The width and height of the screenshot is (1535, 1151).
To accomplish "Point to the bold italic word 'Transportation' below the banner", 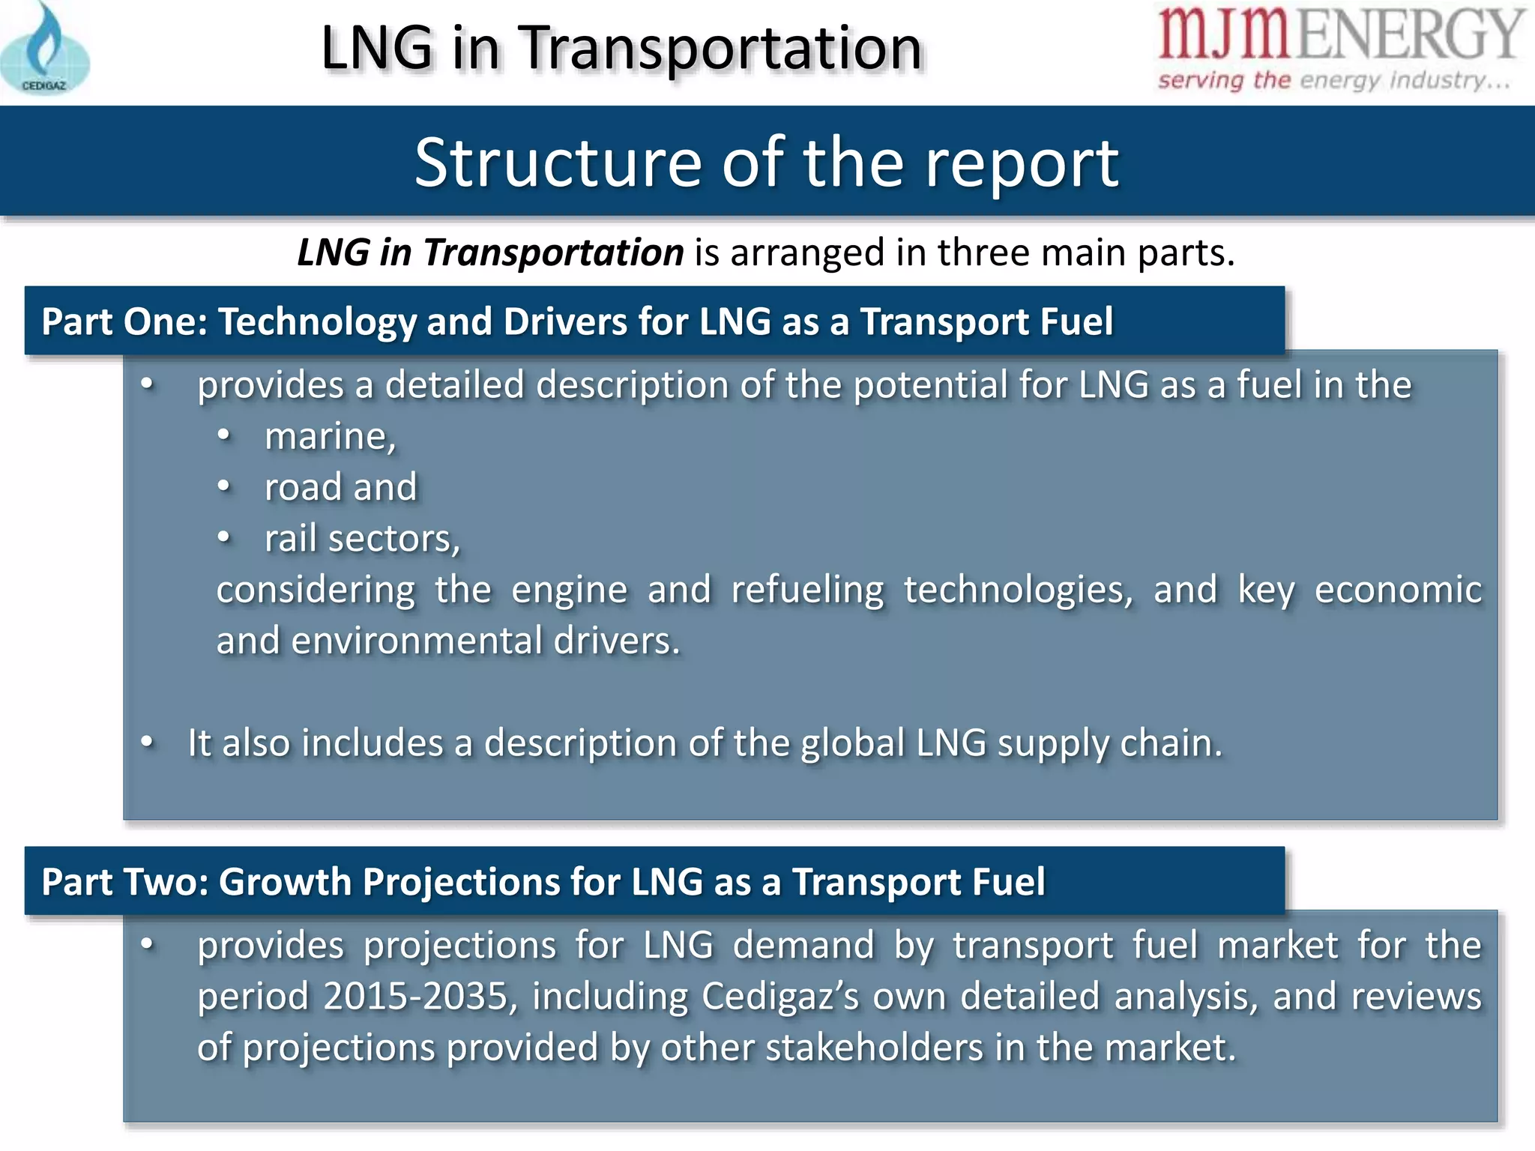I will click(x=553, y=253).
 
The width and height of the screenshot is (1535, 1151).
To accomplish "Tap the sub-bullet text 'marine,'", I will click(x=330, y=436).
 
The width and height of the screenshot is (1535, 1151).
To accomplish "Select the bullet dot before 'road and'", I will click(x=224, y=487).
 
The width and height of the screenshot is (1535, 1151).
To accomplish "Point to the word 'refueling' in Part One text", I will click(x=807, y=590).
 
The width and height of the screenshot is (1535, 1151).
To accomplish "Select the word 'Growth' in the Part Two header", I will click(x=284, y=882).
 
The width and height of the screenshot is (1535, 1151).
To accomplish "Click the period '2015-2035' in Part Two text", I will click(x=416, y=997).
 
